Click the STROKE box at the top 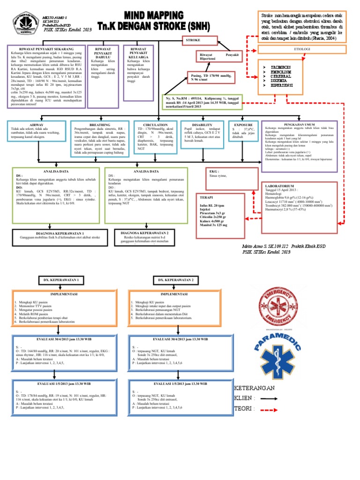coord(194,41)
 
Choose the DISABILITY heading coord(202,125)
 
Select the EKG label coord(214,172)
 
